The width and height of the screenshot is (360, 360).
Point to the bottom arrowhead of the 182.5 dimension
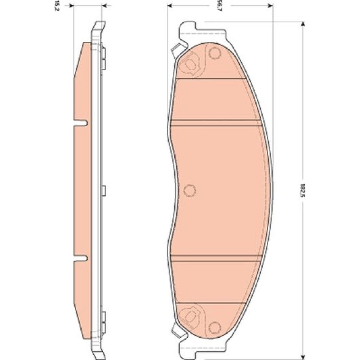tap(303, 356)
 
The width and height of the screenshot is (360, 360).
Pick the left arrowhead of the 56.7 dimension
tap(170, 5)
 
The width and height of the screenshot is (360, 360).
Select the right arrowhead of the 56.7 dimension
tap(270, 5)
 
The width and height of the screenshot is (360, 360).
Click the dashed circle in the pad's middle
tap(190, 190)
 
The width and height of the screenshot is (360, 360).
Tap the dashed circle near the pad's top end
tap(215, 53)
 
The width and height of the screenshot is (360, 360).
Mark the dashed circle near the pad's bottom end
tap(215, 327)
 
